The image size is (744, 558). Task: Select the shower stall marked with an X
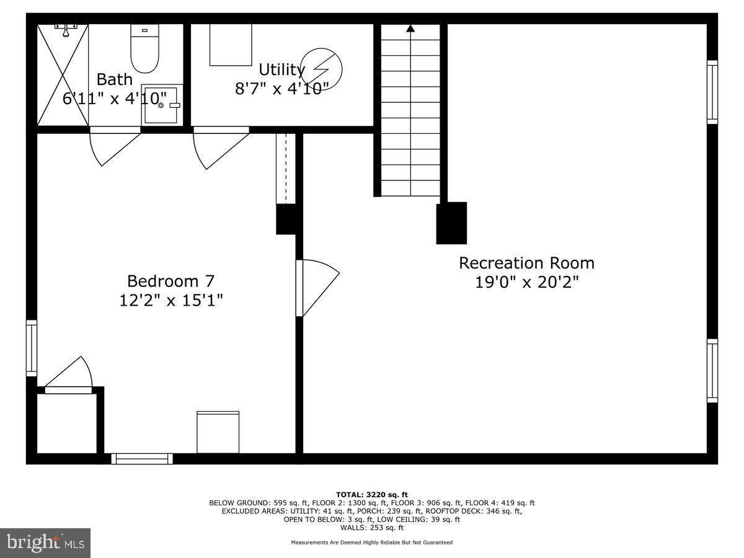(63, 74)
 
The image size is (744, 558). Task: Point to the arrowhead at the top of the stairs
(410, 28)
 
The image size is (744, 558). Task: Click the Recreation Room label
(526, 263)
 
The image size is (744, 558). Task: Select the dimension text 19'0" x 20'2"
(526, 283)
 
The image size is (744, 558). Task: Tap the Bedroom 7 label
(170, 281)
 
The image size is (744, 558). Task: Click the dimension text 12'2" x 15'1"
(170, 301)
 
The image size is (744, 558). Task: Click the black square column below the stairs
(451, 223)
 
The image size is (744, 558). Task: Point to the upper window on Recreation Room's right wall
(712, 92)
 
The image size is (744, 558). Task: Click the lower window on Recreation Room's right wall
(712, 371)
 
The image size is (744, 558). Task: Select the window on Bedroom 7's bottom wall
(142, 459)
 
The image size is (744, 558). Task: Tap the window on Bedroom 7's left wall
(31, 348)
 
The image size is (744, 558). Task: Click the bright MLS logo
(45, 543)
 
